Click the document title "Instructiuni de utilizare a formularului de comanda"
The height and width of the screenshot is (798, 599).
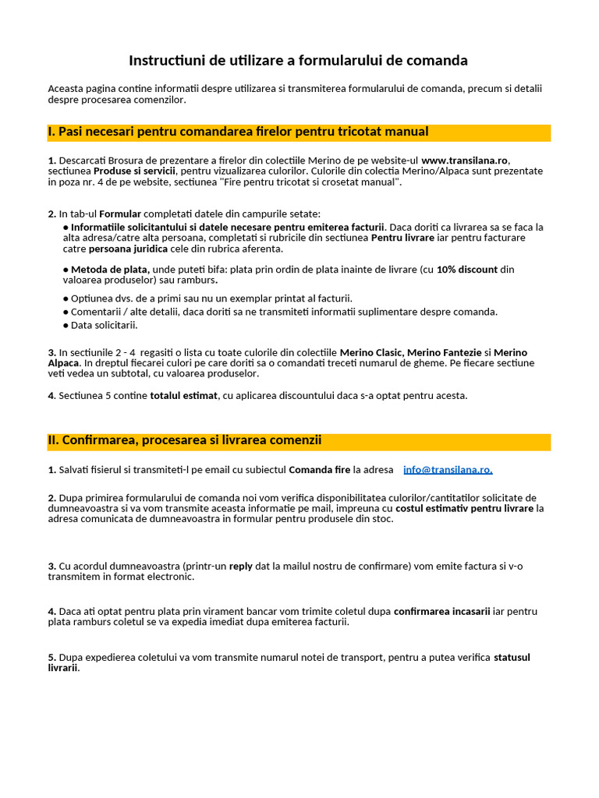(298, 61)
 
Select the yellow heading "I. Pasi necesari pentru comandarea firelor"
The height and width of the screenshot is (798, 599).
(239, 132)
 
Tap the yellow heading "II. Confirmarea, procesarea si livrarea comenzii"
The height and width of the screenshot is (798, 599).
(185, 441)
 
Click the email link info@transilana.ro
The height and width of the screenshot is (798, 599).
(448, 470)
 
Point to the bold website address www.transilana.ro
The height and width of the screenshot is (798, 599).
(465, 161)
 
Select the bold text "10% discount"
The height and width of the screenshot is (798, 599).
(466, 270)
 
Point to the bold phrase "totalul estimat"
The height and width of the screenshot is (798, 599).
(183, 396)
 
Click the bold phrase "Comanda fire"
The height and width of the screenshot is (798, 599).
(320, 470)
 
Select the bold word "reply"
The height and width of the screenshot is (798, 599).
(240, 567)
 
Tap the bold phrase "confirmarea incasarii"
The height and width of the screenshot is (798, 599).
(441, 612)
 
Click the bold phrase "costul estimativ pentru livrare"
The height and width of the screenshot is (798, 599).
(465, 509)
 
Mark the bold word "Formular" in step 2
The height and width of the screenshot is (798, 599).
(121, 214)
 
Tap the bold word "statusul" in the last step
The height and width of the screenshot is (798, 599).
(512, 658)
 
